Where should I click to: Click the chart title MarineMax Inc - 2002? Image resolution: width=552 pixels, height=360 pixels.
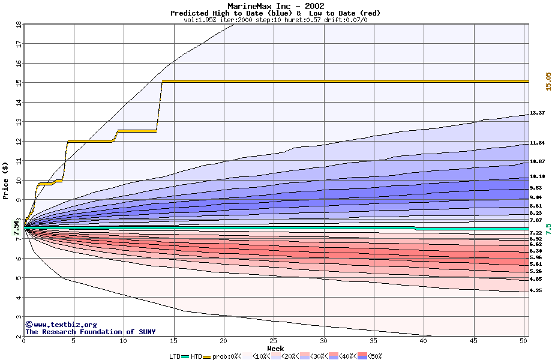pyautogui.click(x=275, y=6)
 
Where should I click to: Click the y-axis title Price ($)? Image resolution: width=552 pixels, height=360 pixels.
pyautogui.click(x=6, y=181)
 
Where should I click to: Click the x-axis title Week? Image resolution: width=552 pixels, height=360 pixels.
pyautogui.click(x=275, y=349)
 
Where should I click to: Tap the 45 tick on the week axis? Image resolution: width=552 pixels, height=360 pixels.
pyautogui.click(x=473, y=341)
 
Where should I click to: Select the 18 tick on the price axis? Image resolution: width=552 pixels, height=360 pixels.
pyautogui.click(x=18, y=24)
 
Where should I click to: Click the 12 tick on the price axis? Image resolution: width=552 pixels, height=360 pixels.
pyautogui.click(x=18, y=141)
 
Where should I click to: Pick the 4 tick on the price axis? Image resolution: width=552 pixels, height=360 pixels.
pyautogui.click(x=18, y=298)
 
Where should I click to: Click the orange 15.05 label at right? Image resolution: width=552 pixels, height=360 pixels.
pyautogui.click(x=548, y=82)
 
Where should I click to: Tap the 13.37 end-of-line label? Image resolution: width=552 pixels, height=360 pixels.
pyautogui.click(x=537, y=113)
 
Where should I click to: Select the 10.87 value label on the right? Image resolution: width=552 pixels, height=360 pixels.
pyautogui.click(x=537, y=162)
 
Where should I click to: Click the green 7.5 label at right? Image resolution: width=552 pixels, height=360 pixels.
pyautogui.click(x=548, y=229)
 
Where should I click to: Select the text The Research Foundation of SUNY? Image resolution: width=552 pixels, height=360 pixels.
pyautogui.click(x=90, y=332)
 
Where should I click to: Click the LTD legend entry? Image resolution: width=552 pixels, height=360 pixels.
pyautogui.click(x=175, y=356)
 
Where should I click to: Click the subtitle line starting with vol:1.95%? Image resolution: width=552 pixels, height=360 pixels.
pyautogui.click(x=275, y=20)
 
